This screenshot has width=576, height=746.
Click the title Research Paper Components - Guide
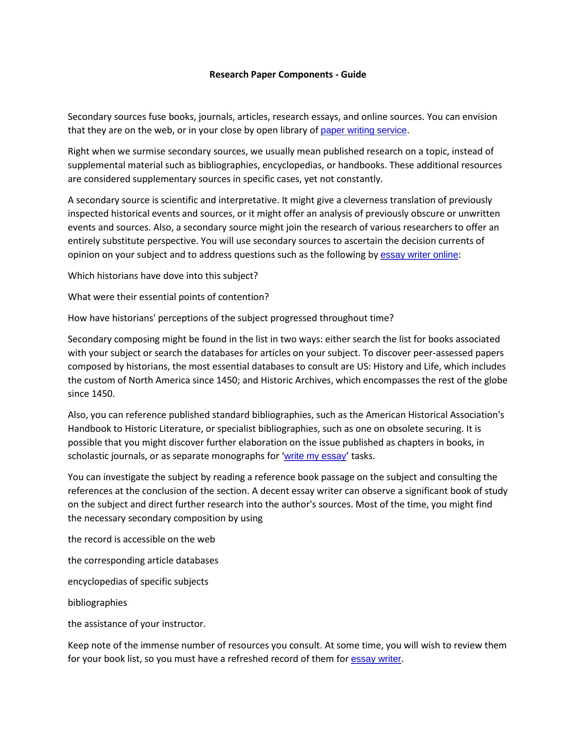point(287,75)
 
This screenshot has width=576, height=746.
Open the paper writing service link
point(363,131)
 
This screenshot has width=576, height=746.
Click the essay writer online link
point(419,255)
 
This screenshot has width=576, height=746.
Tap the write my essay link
point(315,456)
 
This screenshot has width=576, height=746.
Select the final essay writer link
point(376,659)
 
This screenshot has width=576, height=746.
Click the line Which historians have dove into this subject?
point(162,276)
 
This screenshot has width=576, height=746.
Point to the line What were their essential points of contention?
point(168,297)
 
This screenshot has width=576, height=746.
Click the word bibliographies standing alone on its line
point(97,603)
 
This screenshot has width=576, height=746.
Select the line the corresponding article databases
point(143,560)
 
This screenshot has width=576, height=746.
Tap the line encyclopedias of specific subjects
point(138,582)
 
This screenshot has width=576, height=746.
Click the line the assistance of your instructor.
point(137,624)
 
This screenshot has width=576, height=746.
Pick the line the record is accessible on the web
point(141,539)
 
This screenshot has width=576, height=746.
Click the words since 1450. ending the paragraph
point(91,394)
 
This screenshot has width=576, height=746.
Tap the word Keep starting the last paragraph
point(78,645)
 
